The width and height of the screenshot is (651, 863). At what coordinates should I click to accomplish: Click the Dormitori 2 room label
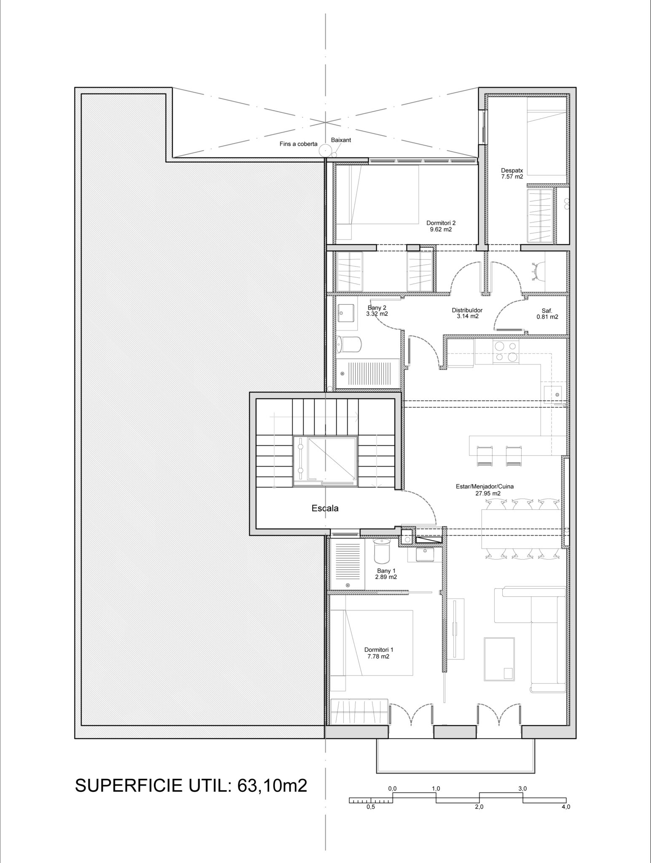pos(441,226)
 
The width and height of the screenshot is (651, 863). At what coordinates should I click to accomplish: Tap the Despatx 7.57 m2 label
pos(512,174)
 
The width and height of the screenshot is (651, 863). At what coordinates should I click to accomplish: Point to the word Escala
pos(325,508)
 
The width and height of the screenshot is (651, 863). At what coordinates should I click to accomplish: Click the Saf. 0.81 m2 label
pos(547,313)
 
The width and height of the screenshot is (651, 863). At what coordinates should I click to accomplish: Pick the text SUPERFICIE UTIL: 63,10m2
pos(191,786)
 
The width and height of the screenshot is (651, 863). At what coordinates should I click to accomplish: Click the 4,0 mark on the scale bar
pos(565,807)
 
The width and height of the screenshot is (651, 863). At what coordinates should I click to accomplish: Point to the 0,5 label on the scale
pos(371,807)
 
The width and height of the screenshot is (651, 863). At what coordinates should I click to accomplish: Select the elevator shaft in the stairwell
pos(325,461)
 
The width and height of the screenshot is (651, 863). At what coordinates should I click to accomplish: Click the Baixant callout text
pos(341,139)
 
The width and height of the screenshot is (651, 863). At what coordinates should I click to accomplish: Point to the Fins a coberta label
pos(298,144)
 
